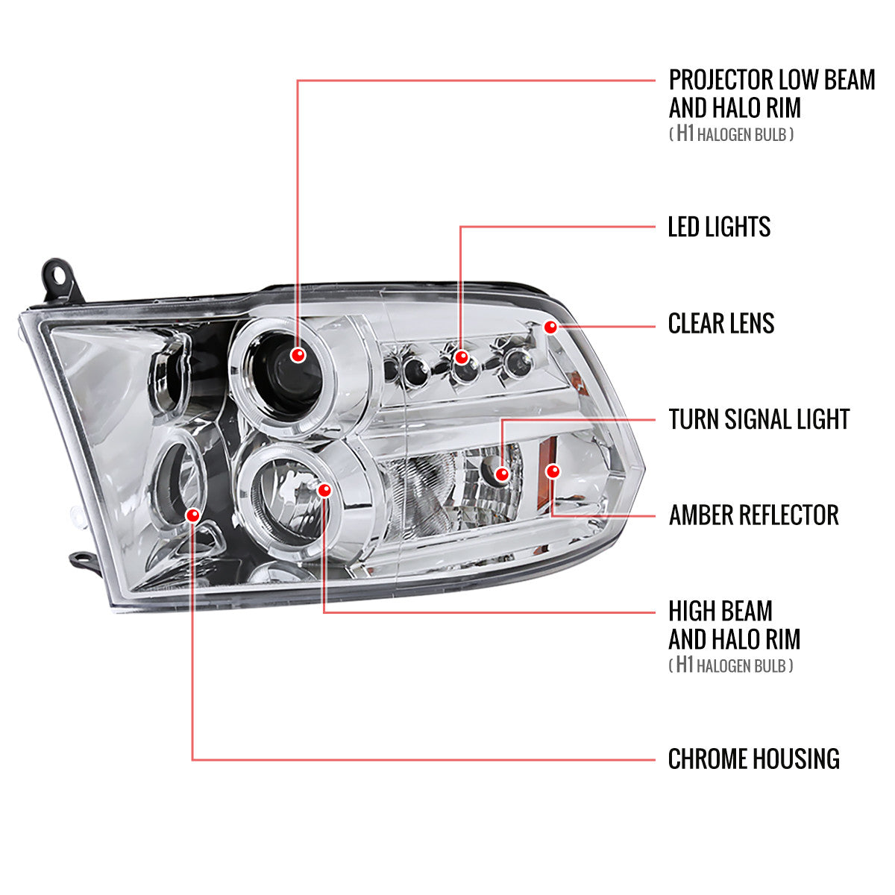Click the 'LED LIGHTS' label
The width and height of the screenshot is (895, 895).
(719, 227)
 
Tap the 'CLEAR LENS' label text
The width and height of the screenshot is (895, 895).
(720, 323)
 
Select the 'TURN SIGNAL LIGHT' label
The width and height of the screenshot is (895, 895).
(759, 419)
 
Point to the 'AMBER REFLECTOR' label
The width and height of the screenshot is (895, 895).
(753, 515)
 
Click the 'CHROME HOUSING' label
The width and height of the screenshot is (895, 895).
(753, 759)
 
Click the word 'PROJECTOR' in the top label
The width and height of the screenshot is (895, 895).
(720, 80)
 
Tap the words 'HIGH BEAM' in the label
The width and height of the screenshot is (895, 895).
(720, 612)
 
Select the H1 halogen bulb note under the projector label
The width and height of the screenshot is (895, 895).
(730, 134)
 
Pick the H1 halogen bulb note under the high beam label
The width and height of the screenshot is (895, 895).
(730, 665)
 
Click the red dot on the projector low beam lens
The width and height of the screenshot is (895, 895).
(298, 355)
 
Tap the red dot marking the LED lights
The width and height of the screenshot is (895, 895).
(462, 357)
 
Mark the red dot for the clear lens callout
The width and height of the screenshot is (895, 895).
(551, 327)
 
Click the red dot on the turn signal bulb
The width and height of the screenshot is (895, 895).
(502, 474)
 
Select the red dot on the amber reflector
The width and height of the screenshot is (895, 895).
(553, 471)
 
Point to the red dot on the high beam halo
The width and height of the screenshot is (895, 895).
(324, 490)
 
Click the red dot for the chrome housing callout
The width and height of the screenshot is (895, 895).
(193, 515)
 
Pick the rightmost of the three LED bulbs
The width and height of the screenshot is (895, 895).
(513, 362)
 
